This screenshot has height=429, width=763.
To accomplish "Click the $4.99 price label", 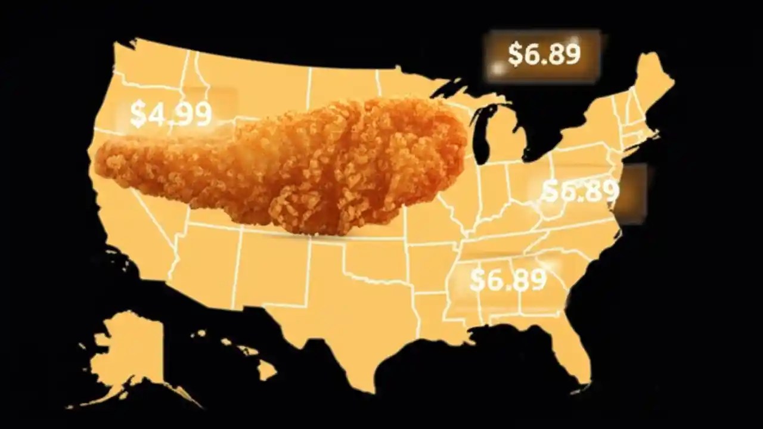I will [171, 114].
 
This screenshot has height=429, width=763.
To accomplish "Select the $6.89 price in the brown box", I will [544, 54].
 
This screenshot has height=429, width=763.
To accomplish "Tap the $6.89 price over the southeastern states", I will [508, 280].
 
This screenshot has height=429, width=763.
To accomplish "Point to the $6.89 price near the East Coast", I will [581, 191].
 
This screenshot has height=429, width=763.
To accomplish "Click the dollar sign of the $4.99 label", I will [137, 114].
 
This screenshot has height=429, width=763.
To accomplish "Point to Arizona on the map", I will [203, 262].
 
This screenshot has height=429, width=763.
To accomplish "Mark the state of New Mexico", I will [268, 268].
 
